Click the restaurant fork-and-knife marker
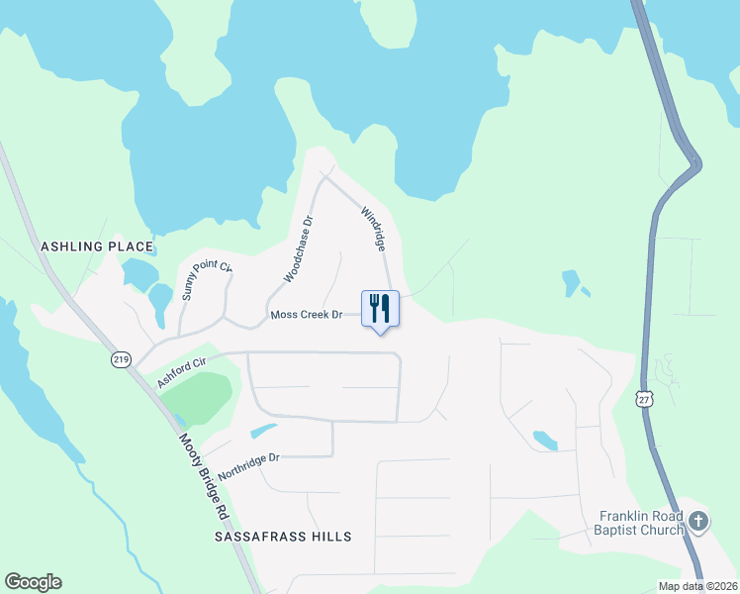coord(380,310)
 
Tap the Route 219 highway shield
coord(121,359)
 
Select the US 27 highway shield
coord(644,398)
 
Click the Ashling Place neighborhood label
coord(97,246)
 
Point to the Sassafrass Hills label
coord(283,536)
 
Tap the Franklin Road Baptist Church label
coord(642,523)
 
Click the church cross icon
coord(698,521)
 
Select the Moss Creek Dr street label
coord(306,315)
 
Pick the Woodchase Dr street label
coord(298,249)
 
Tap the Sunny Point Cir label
coord(206,281)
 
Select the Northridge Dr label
coord(250,466)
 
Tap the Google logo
coord(33,582)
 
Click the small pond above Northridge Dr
coord(264,431)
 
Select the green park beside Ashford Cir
coord(196,394)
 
